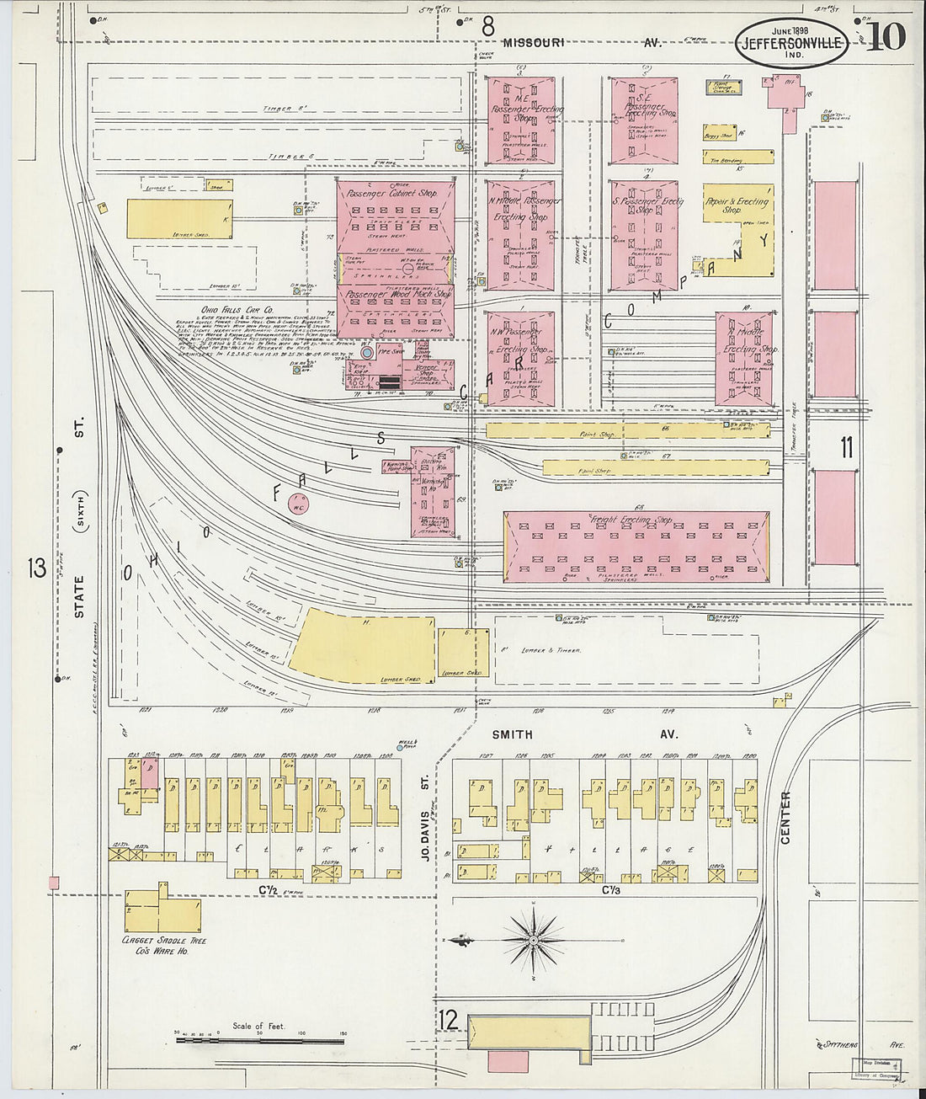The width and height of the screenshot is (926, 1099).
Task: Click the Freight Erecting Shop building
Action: (x=636, y=547)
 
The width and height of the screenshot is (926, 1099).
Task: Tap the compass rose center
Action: (x=534, y=939)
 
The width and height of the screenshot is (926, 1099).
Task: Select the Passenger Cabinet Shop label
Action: (x=395, y=194)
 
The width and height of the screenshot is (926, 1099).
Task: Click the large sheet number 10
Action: (x=885, y=37)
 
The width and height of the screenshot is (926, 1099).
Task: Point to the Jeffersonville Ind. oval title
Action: (x=791, y=44)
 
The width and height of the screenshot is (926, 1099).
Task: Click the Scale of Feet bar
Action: (x=261, y=1041)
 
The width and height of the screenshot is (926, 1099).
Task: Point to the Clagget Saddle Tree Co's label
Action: (x=165, y=945)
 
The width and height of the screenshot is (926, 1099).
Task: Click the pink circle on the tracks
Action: (x=298, y=504)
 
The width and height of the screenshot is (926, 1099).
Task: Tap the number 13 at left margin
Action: (x=36, y=568)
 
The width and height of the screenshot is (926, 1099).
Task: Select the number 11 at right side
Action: (x=845, y=448)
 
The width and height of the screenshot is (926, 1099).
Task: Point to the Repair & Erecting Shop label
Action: (x=737, y=205)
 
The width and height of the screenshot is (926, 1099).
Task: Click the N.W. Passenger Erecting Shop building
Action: (x=520, y=358)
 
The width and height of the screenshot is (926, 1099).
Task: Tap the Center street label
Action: (x=785, y=817)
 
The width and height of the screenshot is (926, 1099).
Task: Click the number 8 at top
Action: (x=487, y=28)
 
